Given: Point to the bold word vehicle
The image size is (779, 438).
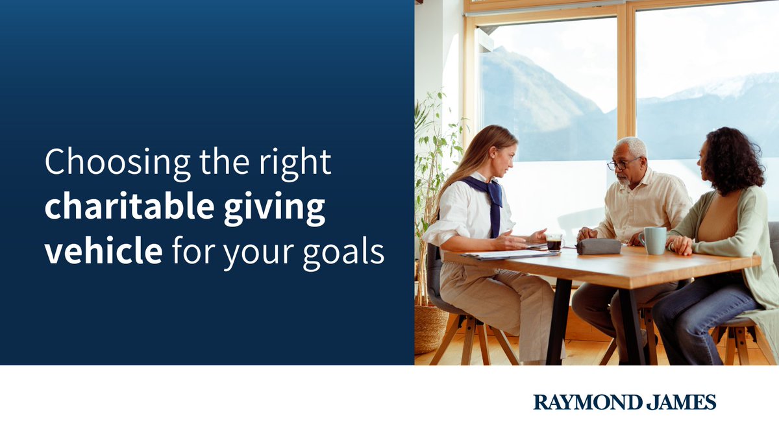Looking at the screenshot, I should [103, 251].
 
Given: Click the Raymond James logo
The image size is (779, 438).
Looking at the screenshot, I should [624, 402].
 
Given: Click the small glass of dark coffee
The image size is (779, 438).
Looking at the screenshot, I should [554, 243].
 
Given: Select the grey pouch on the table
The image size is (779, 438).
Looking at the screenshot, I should [599, 247].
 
